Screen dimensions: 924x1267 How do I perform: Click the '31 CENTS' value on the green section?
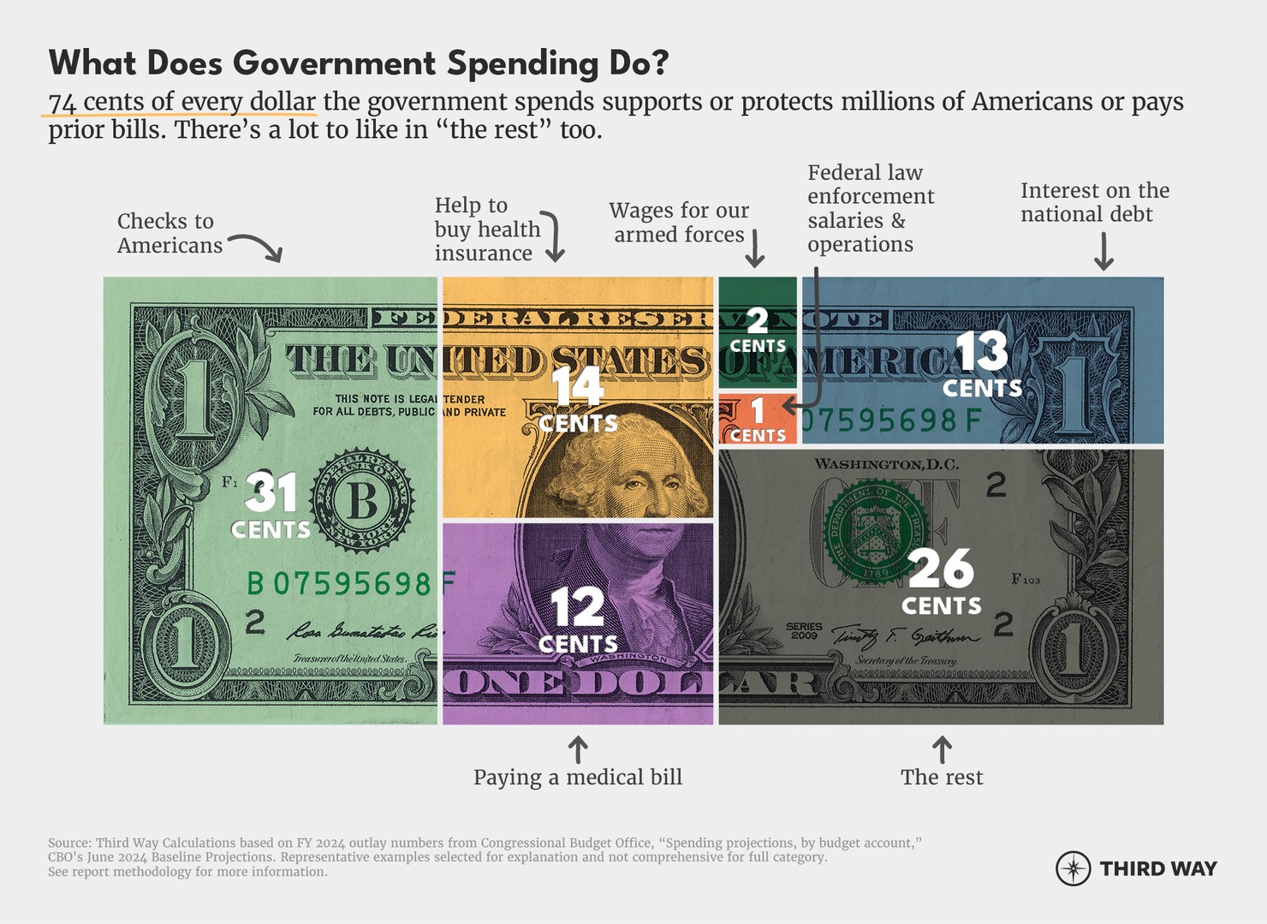click(271, 506)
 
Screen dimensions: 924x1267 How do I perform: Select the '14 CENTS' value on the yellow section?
click(578, 400)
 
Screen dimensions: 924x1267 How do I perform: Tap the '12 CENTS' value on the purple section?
click(578, 620)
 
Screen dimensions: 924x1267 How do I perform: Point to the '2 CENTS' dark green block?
click(758, 331)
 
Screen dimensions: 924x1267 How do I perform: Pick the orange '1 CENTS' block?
click(758, 420)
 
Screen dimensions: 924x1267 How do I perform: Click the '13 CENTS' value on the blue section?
click(982, 366)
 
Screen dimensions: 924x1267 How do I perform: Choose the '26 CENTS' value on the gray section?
click(941, 581)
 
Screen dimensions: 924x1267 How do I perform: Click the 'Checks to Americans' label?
click(170, 233)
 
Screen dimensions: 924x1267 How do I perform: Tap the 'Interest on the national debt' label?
click(1094, 202)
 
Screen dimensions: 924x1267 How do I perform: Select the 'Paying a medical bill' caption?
click(578, 777)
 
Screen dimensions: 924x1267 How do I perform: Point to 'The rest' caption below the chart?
click(942, 777)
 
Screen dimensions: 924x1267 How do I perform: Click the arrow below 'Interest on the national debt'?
click(1103, 252)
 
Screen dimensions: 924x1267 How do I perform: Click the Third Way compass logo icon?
click(1073, 868)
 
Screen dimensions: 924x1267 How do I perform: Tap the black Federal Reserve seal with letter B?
click(362, 500)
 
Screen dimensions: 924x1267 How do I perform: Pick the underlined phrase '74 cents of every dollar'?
click(182, 102)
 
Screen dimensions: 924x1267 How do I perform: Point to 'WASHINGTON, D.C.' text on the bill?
click(886, 464)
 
